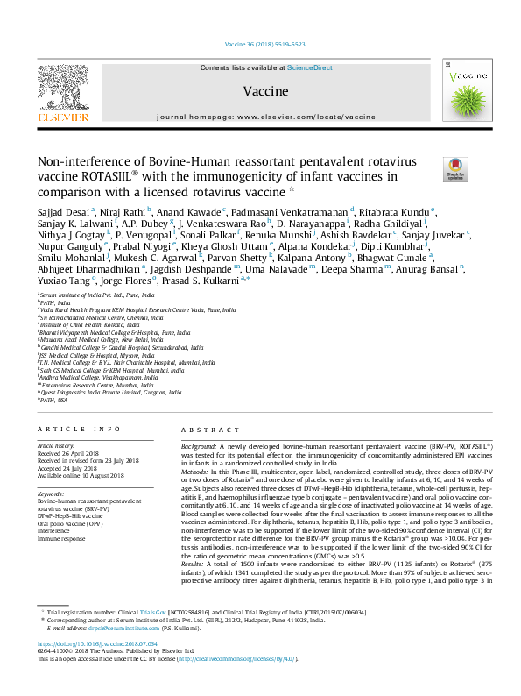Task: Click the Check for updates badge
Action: point(456,168)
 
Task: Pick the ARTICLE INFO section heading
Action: point(78,429)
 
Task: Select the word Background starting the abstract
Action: point(199,446)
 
